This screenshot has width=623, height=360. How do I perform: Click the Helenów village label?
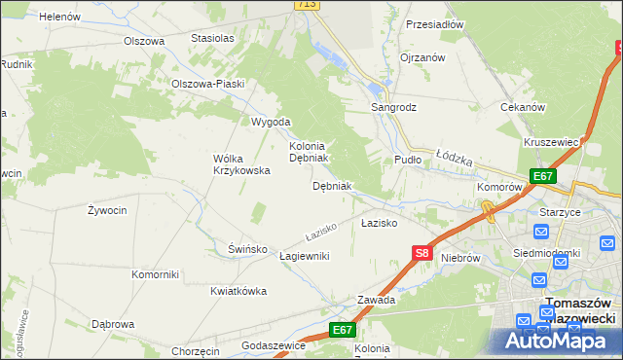click(60, 17)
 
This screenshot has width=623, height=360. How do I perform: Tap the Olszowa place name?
click(143, 41)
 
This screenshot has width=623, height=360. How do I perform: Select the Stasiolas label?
click(213, 38)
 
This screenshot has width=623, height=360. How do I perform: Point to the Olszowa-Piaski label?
click(206, 84)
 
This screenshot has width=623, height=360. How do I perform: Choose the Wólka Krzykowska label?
click(241, 164)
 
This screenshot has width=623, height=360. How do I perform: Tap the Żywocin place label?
click(106, 210)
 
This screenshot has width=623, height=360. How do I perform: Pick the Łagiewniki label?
click(305, 256)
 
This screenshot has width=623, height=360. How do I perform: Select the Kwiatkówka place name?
click(238, 291)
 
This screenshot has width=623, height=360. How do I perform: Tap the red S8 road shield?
click(421, 253)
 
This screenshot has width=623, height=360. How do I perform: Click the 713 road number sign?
click(307, 5)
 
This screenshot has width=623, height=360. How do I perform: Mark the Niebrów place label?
click(461, 258)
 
